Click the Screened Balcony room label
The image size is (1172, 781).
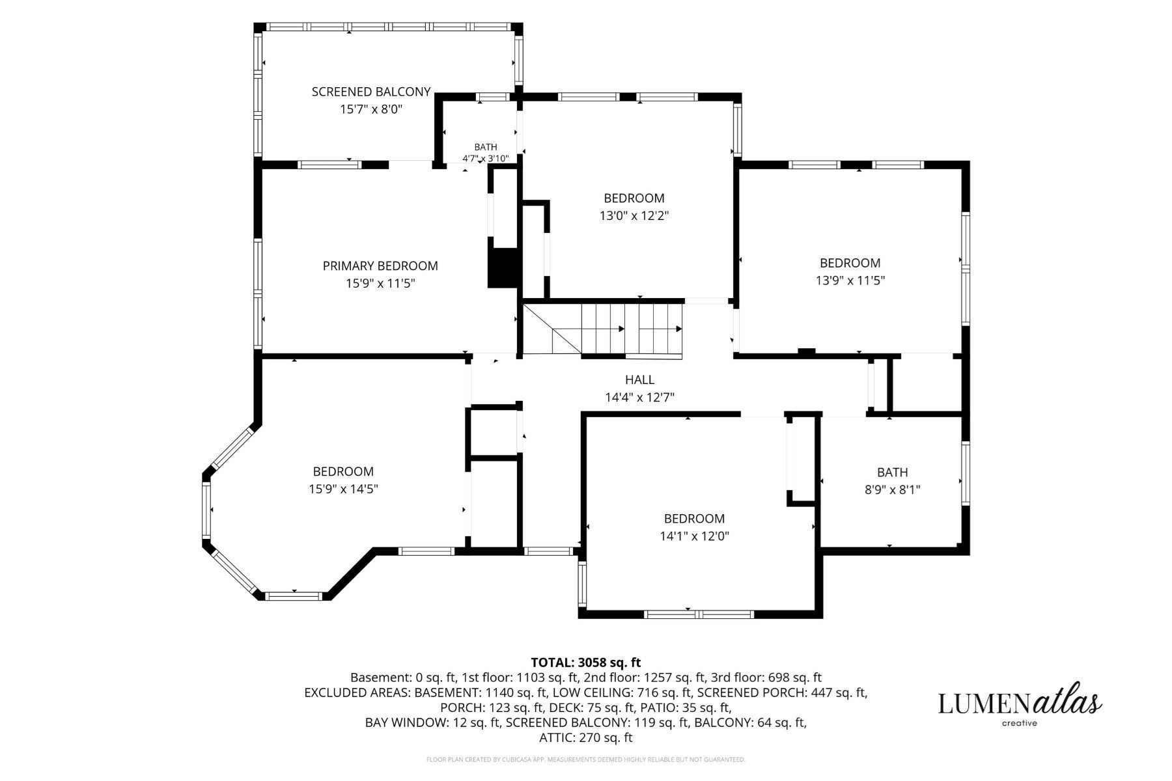(x=371, y=92)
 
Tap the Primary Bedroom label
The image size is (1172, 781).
(x=380, y=266)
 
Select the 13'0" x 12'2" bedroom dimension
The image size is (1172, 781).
(x=634, y=215)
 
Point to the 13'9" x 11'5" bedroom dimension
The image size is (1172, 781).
(x=850, y=281)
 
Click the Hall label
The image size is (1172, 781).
(x=639, y=379)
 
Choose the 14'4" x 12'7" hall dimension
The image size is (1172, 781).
(x=639, y=397)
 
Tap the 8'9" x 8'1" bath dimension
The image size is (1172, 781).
(x=892, y=489)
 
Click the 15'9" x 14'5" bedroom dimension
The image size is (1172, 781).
(x=343, y=489)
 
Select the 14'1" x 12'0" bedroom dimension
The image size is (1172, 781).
(x=694, y=536)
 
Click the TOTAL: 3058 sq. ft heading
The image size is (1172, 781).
(x=586, y=663)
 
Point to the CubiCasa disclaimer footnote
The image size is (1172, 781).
(x=586, y=760)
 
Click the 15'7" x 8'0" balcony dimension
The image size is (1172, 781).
(x=371, y=109)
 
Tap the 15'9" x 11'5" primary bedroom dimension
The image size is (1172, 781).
(x=380, y=283)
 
